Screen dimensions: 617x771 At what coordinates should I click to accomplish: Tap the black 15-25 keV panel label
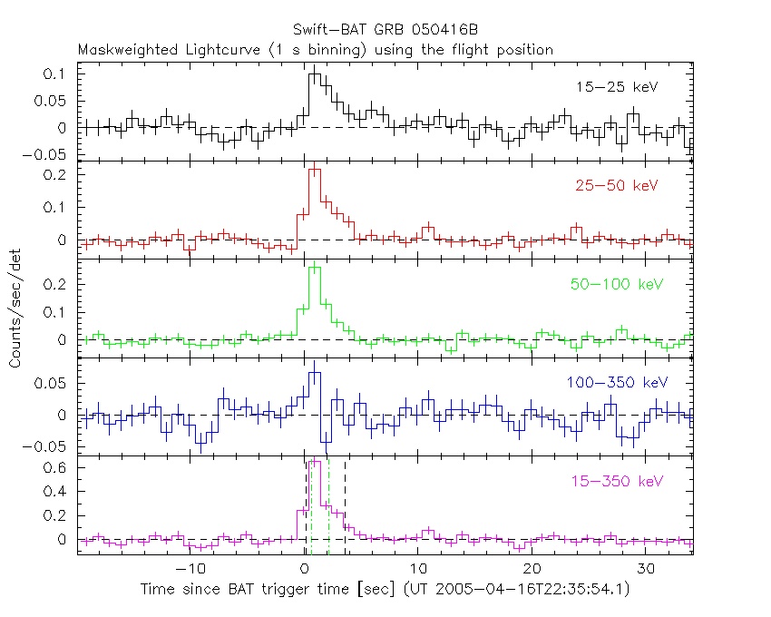616,88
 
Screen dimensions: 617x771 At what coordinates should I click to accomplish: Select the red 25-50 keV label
616,186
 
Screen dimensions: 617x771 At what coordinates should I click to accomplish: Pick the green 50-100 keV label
612,285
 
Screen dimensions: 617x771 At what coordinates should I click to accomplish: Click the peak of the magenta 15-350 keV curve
316,461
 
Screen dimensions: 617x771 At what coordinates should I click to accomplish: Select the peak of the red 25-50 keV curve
315,170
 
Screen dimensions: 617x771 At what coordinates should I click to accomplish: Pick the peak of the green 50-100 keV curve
315,268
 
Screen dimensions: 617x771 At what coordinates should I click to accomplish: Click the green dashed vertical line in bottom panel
328,508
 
